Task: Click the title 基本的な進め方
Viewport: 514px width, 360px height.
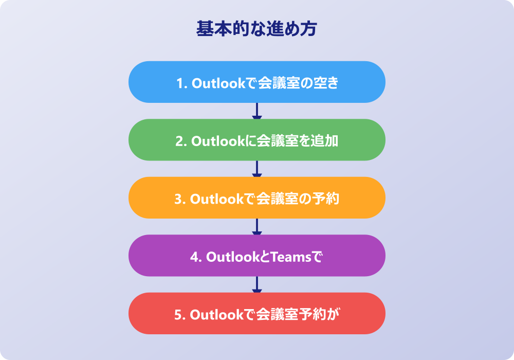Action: tap(256, 28)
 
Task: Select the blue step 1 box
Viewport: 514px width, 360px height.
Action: tap(256, 82)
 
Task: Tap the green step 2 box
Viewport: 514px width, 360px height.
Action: tap(256, 140)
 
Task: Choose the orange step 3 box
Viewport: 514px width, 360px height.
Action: tap(256, 197)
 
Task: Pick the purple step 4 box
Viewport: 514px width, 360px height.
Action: tap(256, 256)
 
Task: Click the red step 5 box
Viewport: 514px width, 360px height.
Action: tap(256, 313)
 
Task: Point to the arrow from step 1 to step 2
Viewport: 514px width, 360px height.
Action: tap(256, 111)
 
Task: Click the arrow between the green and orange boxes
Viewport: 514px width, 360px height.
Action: tap(256, 169)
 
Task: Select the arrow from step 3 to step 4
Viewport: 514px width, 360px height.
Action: tap(256, 227)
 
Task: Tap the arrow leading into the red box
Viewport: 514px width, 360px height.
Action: tap(256, 284)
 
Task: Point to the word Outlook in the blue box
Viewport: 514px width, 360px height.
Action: tap(218, 83)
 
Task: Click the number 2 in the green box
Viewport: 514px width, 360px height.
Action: tap(179, 141)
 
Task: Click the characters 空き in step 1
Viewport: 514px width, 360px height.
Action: tap(325, 83)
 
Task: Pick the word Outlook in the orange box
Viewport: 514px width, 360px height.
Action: tap(217, 199)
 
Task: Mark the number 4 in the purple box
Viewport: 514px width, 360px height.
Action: tap(194, 257)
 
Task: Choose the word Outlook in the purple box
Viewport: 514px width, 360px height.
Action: tap(233, 257)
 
